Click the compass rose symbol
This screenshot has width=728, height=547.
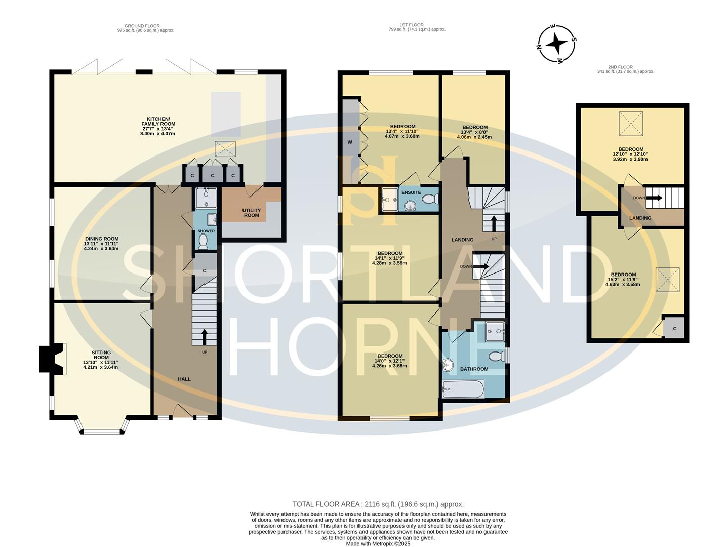click(556, 44)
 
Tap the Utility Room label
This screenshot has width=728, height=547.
click(251, 213)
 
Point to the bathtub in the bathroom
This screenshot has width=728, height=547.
click(463, 390)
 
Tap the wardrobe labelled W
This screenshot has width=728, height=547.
click(349, 142)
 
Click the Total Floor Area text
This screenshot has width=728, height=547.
click(378, 504)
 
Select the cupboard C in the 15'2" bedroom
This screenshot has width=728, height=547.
click(674, 328)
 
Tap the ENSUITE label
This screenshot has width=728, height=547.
click(411, 193)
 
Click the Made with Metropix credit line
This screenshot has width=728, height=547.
click(378, 544)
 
